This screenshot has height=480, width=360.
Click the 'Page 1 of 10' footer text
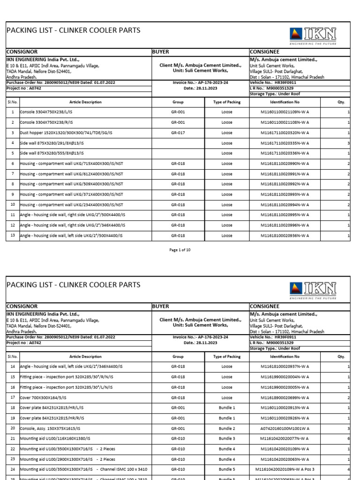point(180,250)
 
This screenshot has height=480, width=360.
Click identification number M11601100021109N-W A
point(285,112)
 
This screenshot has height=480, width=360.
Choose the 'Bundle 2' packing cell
point(227,428)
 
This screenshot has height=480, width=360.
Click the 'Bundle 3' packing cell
point(227,438)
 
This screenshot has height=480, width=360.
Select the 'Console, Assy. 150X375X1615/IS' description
point(50,428)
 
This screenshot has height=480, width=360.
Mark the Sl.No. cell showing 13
point(13,235)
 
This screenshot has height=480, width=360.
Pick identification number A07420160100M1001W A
point(285,428)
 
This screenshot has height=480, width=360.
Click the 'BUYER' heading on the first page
point(161,52)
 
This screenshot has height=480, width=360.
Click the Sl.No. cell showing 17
point(13,397)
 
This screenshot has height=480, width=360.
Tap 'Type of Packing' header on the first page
point(227,102)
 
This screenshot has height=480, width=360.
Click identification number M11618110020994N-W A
point(285,204)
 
